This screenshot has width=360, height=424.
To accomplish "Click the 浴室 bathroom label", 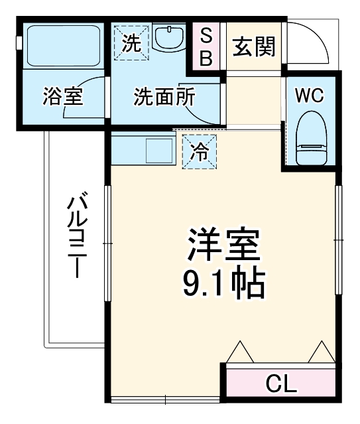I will (x=63, y=97).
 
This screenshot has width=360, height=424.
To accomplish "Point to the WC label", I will (x=309, y=96).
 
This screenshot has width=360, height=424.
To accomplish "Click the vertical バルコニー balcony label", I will (x=78, y=236).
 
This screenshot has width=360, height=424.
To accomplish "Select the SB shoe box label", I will (x=206, y=46).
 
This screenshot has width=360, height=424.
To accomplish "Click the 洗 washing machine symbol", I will (x=131, y=44).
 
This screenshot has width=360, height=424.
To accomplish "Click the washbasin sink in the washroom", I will (x=171, y=38).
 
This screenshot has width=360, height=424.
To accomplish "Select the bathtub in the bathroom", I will (x=61, y=46).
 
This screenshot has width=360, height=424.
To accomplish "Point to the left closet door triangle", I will (x=239, y=352).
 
